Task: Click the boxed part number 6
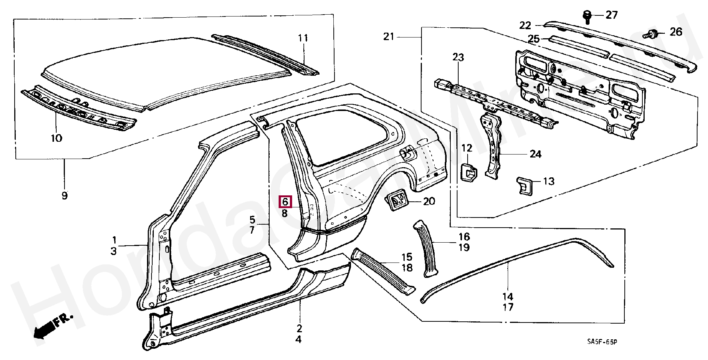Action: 285,202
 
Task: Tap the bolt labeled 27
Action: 587,17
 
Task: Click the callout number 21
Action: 389,37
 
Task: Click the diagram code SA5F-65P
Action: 602,342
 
